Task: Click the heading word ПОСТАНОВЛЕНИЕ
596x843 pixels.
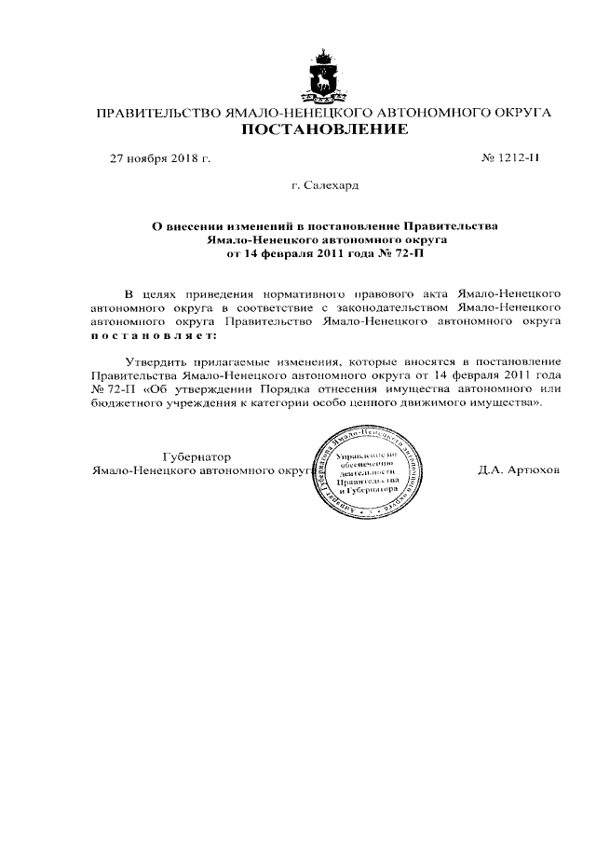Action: tap(325, 129)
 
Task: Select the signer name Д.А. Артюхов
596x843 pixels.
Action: tap(519, 470)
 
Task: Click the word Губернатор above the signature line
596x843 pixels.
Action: tap(196, 457)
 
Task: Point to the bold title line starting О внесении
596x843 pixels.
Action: tap(325, 226)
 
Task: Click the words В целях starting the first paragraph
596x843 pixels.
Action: tap(148, 292)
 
